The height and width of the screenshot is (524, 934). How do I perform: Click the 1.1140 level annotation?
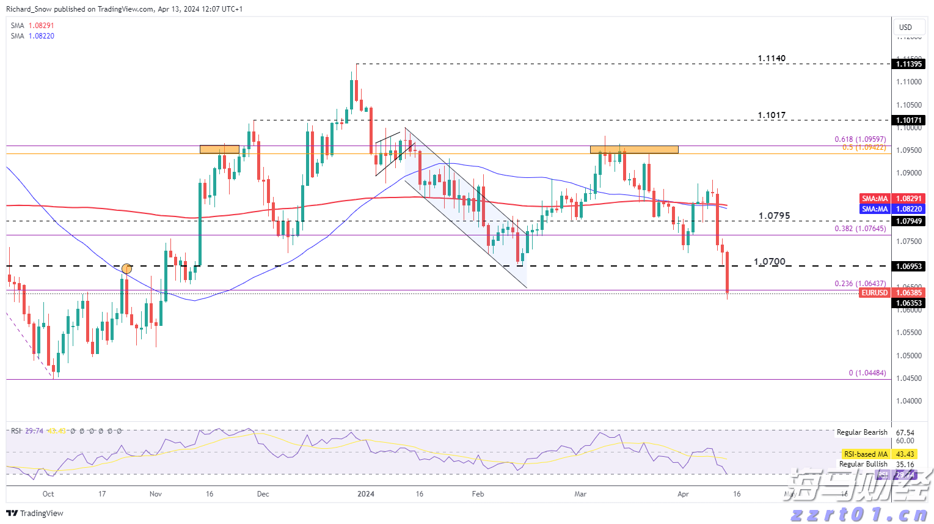tap(772, 59)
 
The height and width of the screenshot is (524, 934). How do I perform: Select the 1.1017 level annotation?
tap(772, 116)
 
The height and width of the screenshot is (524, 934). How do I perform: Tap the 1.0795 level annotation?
tap(774, 216)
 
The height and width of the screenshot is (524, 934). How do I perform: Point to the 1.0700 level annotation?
tap(770, 262)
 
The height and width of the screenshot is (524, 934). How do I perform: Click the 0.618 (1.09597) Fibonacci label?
tap(860, 139)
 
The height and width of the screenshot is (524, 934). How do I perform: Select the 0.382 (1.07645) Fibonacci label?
tap(860, 229)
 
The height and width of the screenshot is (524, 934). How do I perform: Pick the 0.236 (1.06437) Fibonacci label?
tap(860, 284)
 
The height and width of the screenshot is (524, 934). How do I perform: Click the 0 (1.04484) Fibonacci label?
tap(867, 373)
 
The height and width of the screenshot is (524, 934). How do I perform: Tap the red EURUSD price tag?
tap(874, 293)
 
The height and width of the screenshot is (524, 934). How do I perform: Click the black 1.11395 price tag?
tap(908, 64)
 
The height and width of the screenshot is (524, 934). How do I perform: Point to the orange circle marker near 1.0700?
tap(126, 268)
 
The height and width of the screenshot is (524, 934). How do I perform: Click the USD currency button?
tap(905, 27)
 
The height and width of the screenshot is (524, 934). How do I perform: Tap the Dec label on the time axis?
tap(263, 494)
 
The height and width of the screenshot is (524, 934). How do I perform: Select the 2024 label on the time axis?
tap(365, 494)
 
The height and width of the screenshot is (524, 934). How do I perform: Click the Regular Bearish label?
tap(861, 432)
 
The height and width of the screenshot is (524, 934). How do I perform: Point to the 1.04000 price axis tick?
tap(909, 401)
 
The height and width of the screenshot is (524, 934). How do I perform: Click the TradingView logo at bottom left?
tap(35, 513)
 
